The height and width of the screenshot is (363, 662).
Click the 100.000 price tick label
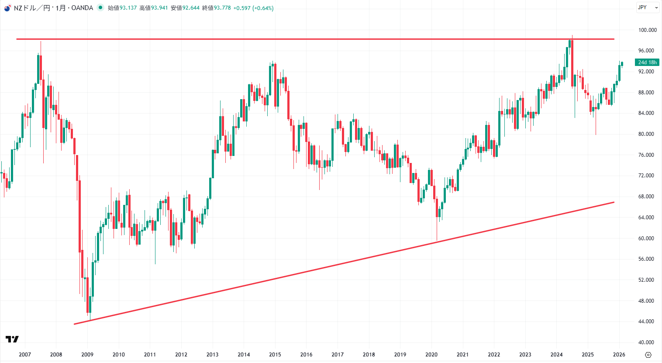647,30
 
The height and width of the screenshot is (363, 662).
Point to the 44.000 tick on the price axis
646,322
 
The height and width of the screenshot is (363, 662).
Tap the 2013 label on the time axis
212,355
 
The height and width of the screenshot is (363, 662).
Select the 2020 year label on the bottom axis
431,355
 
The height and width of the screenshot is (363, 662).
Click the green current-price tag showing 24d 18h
647,62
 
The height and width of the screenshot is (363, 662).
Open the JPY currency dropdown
648,7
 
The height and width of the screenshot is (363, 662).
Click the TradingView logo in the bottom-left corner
12,339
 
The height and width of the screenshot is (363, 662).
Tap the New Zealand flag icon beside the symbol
7,8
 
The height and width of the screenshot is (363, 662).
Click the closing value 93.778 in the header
222,8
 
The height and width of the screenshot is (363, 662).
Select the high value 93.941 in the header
159,8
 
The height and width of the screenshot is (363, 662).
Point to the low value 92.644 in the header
191,8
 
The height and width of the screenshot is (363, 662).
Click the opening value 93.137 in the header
128,8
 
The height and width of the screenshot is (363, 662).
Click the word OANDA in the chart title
82,8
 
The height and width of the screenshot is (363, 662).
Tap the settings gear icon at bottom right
648,355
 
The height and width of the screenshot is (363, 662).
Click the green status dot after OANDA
100,7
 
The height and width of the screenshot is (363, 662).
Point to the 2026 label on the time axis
619,355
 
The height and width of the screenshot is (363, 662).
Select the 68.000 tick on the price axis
646,197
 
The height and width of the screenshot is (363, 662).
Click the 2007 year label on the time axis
25,355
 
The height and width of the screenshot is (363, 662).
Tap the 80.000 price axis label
646,134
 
